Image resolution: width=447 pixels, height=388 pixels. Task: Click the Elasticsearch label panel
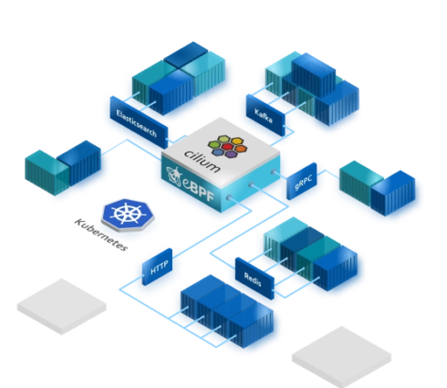(x=139, y=122)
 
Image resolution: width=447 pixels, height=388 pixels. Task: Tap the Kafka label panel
(x=265, y=115)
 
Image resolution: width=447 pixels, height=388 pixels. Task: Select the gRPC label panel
(x=302, y=182)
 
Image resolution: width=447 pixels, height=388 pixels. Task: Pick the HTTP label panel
(x=157, y=267)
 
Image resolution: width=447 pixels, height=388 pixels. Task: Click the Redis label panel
(x=255, y=278)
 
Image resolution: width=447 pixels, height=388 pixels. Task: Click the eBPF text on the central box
(x=199, y=189)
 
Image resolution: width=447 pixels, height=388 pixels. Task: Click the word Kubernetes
(x=101, y=235)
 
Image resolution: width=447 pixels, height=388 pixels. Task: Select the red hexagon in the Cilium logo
(x=227, y=147)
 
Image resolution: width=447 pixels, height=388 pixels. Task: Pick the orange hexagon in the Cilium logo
(x=241, y=149)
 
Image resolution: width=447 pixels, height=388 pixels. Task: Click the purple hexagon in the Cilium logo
(x=231, y=154)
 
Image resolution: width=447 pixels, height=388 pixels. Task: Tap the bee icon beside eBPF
(x=174, y=176)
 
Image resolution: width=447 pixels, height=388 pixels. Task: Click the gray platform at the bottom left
(x=62, y=307)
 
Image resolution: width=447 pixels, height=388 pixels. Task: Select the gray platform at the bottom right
(x=341, y=357)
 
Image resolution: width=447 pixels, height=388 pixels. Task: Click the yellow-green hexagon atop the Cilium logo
(x=224, y=139)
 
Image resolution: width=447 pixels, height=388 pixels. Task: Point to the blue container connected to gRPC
(x=393, y=193)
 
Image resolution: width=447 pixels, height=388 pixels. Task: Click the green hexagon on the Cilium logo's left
(x=214, y=144)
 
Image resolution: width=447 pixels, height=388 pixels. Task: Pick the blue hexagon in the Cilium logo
(x=218, y=152)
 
